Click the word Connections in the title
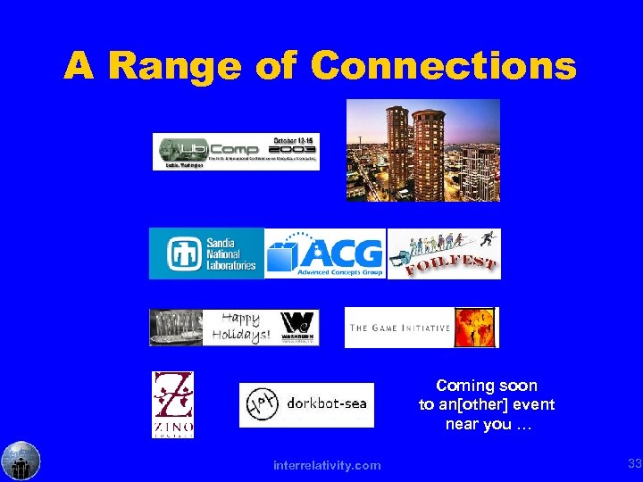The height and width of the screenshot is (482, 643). [444, 65]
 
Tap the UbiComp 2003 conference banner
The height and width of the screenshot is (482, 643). [236, 151]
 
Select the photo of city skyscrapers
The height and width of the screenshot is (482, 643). [423, 150]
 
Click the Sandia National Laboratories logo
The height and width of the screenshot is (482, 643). [207, 253]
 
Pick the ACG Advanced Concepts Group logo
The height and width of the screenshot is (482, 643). [325, 253]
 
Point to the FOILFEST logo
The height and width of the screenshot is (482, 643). [444, 253]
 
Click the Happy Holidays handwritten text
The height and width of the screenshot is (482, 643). [240, 328]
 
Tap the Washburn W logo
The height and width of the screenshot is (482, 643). [299, 328]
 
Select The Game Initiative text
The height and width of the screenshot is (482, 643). [399, 328]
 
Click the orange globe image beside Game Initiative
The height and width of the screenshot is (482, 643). [476, 328]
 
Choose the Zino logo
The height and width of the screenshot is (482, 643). [173, 404]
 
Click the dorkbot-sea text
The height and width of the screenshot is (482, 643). [326, 403]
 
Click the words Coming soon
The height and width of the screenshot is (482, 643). [487, 386]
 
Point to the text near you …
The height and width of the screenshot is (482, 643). [487, 424]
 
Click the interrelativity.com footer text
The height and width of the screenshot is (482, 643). [328, 465]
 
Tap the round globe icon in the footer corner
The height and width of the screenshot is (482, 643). [21, 461]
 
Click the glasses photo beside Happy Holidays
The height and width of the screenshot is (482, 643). [176, 328]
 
